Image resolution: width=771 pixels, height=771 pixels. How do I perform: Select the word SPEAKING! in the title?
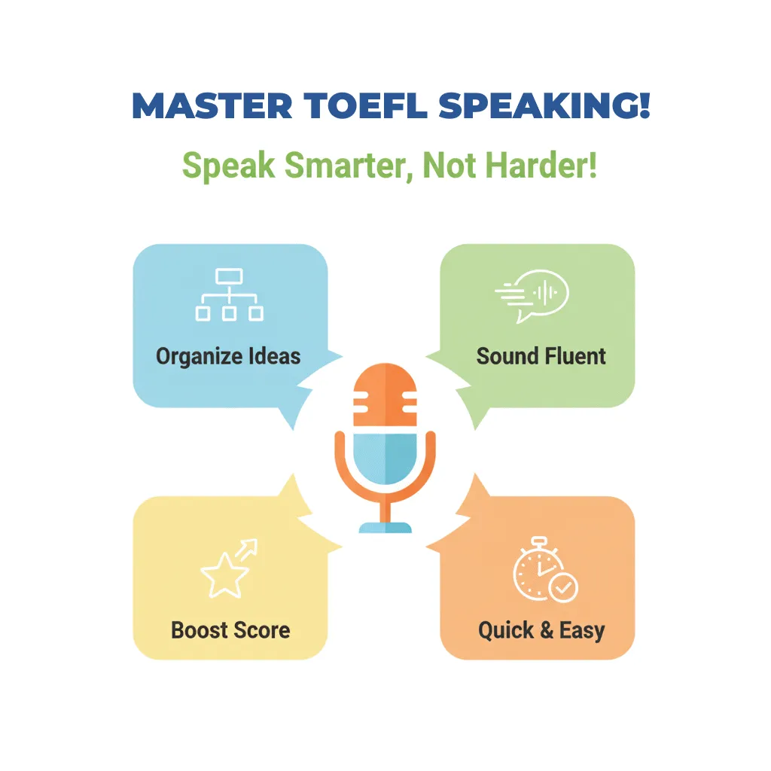(544, 107)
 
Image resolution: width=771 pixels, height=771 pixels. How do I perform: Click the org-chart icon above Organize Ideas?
(229, 295)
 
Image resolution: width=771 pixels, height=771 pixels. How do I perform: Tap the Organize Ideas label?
(228, 356)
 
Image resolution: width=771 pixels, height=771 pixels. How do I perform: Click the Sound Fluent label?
(541, 356)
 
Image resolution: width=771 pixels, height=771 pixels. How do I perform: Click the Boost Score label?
(230, 629)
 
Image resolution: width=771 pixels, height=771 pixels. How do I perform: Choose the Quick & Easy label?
(541, 629)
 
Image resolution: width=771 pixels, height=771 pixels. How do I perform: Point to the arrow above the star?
(247, 550)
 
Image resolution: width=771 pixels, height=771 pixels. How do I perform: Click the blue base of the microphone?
(385, 526)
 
